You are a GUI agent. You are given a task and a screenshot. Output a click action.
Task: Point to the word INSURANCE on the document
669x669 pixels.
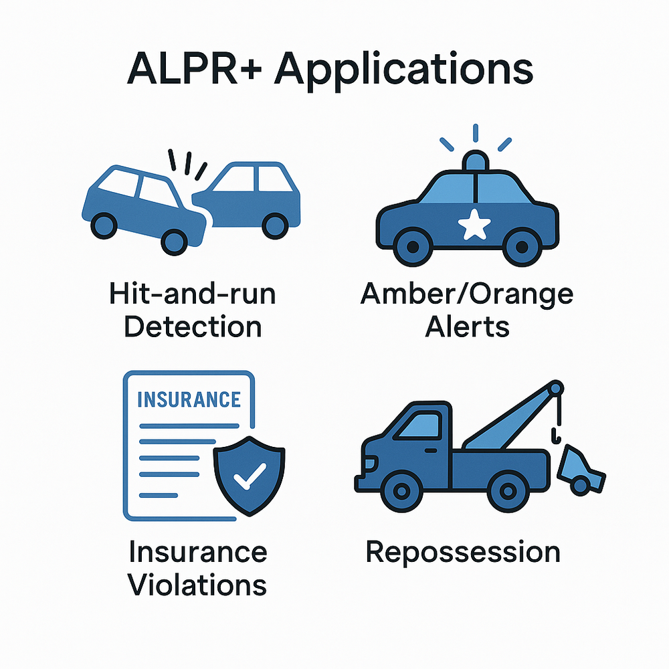188,399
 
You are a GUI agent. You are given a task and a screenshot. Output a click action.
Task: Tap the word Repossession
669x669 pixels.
462,553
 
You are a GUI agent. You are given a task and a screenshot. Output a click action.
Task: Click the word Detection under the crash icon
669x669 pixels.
193,326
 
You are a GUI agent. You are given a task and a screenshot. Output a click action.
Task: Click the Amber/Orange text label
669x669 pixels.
466,294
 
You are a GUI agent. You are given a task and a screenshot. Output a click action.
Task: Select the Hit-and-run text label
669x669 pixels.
193,294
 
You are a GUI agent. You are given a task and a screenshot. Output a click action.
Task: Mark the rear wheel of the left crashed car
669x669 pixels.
103,224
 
